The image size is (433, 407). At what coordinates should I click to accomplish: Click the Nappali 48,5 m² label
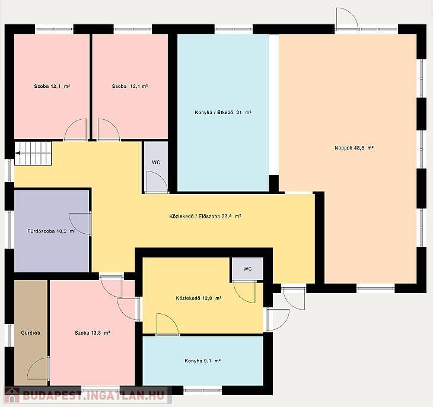(354, 148)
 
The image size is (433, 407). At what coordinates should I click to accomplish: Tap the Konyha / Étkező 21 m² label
(223, 113)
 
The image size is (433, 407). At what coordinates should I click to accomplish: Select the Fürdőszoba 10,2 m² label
(52, 231)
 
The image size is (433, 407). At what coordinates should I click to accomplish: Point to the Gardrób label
(30, 333)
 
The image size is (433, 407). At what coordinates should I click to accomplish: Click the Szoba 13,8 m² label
(93, 333)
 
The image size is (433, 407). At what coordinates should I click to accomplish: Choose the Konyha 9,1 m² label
(202, 361)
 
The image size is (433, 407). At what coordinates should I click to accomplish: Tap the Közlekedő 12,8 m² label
(199, 298)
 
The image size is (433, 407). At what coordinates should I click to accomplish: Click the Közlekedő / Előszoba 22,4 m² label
(205, 217)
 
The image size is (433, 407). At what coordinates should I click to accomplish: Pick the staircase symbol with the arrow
(33, 153)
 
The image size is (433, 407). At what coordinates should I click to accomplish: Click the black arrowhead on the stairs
(18, 153)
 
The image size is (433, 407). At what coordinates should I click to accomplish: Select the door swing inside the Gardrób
(39, 368)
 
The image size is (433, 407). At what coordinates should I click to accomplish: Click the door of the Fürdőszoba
(81, 224)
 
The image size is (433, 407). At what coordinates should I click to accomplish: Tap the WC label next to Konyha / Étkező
(156, 163)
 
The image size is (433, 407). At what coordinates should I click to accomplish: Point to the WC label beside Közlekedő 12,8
(248, 269)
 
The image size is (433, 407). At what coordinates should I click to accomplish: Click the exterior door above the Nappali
(347, 19)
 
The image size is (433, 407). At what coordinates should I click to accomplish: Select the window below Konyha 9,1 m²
(203, 390)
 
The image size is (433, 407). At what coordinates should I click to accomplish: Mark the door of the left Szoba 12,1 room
(75, 130)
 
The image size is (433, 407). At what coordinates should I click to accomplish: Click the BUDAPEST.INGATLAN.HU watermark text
(93, 395)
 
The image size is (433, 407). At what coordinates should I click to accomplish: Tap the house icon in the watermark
(12, 395)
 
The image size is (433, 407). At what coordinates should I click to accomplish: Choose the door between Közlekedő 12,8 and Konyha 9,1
(168, 325)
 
